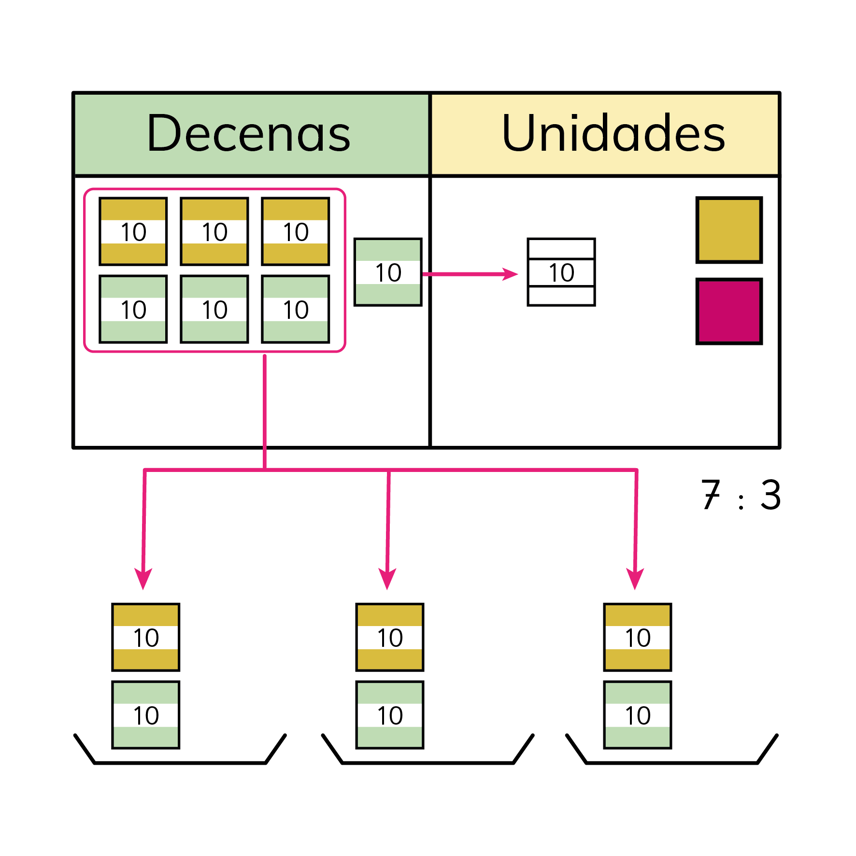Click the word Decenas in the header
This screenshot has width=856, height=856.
click(249, 134)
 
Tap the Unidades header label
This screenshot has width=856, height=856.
click(613, 134)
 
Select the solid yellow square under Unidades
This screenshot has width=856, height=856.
click(729, 230)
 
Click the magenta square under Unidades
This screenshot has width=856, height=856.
click(729, 311)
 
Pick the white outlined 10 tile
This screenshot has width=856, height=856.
click(561, 272)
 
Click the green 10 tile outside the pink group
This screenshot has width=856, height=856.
click(388, 272)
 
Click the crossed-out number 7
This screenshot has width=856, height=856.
click(711, 495)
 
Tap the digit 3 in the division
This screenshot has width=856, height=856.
click(770, 495)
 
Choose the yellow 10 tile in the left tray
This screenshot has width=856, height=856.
click(146, 637)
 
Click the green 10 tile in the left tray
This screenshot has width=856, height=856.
click(146, 715)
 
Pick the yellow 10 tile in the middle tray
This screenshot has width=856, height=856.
click(390, 637)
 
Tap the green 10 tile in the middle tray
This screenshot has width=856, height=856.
click(390, 715)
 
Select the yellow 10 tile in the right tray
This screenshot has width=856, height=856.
click(638, 637)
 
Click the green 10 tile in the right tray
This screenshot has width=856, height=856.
click(638, 715)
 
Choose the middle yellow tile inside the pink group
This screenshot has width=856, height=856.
click(214, 231)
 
